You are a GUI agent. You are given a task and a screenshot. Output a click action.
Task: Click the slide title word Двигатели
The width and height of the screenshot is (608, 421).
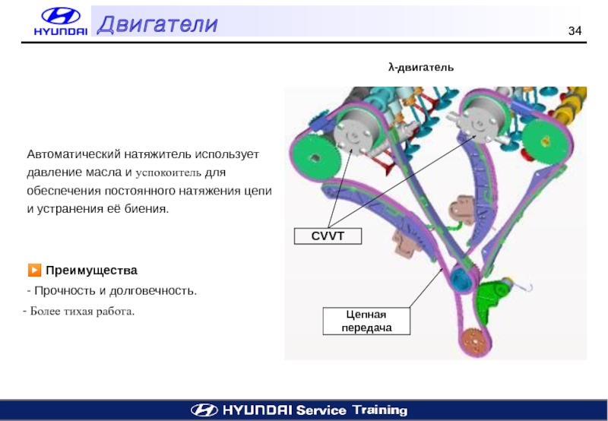pos(157,25)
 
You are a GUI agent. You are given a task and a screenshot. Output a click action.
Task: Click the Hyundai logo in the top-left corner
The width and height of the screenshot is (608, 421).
pos(60,21)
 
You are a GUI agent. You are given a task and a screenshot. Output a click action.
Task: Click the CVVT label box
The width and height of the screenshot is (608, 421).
pos(328,236)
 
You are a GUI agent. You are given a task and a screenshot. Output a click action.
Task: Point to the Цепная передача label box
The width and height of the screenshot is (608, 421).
pos(367,321)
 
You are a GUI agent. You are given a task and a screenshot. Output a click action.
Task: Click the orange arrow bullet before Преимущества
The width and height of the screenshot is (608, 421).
pos(33,270)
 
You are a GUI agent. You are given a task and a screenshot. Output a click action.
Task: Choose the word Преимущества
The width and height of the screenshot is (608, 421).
pos(91,271)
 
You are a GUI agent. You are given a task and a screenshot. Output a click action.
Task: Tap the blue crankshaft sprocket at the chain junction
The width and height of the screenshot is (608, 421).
pos(460,277)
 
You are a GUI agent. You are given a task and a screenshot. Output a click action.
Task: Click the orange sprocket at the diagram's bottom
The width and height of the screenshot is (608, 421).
pos(474,340)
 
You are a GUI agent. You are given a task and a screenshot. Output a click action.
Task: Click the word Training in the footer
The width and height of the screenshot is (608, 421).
pos(380,410)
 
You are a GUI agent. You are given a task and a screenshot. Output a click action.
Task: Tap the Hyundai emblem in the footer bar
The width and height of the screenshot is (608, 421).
pos(203,410)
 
